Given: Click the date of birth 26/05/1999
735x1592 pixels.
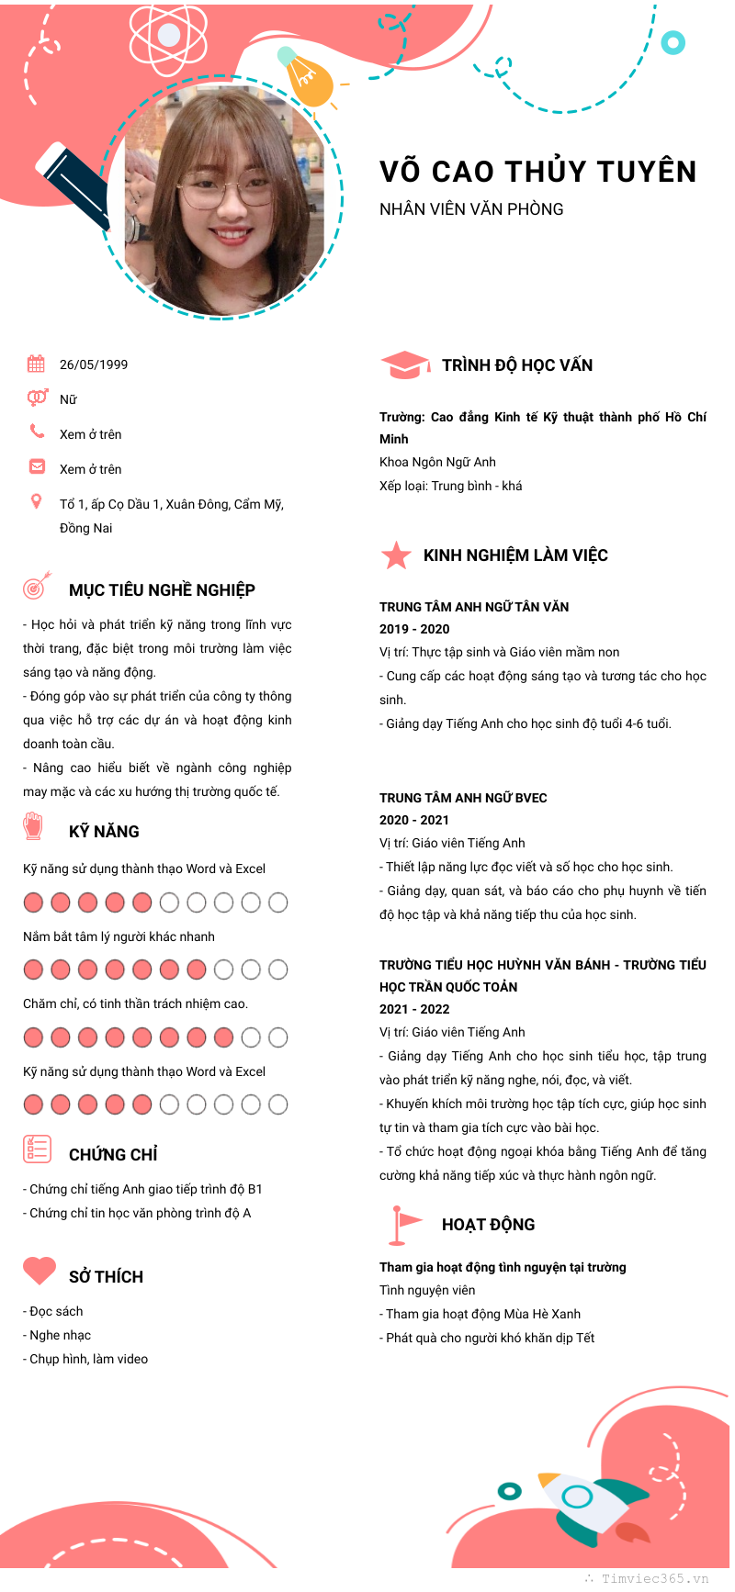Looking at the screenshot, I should click(x=94, y=364).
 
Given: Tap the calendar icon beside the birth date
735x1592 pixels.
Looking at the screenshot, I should click(x=36, y=364).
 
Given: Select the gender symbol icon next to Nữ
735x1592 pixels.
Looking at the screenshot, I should click(x=37, y=398).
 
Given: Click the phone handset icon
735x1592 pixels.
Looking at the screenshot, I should click(x=37, y=431).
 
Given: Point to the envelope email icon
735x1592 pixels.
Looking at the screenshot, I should click(x=37, y=466).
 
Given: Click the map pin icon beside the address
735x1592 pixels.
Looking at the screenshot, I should click(x=37, y=501).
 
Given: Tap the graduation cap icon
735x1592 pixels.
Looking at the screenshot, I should click(x=404, y=364).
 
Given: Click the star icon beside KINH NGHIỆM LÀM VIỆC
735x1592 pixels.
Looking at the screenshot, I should click(x=396, y=555).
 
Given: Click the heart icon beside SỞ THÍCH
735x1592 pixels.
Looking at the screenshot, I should click(x=40, y=1271).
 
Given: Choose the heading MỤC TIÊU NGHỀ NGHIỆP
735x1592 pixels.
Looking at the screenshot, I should click(x=162, y=590).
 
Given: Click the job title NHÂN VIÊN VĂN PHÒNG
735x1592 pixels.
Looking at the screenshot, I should click(x=471, y=209).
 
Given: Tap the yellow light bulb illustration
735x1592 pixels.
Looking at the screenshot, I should click(x=307, y=79).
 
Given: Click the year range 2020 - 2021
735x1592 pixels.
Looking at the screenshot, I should click(x=414, y=820).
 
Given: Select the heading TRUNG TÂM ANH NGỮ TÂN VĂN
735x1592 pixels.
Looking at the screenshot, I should click(x=474, y=607).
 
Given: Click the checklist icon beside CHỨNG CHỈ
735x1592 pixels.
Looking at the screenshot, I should click(x=37, y=1149).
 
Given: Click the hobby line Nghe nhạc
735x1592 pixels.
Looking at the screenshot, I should click(x=61, y=1335).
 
